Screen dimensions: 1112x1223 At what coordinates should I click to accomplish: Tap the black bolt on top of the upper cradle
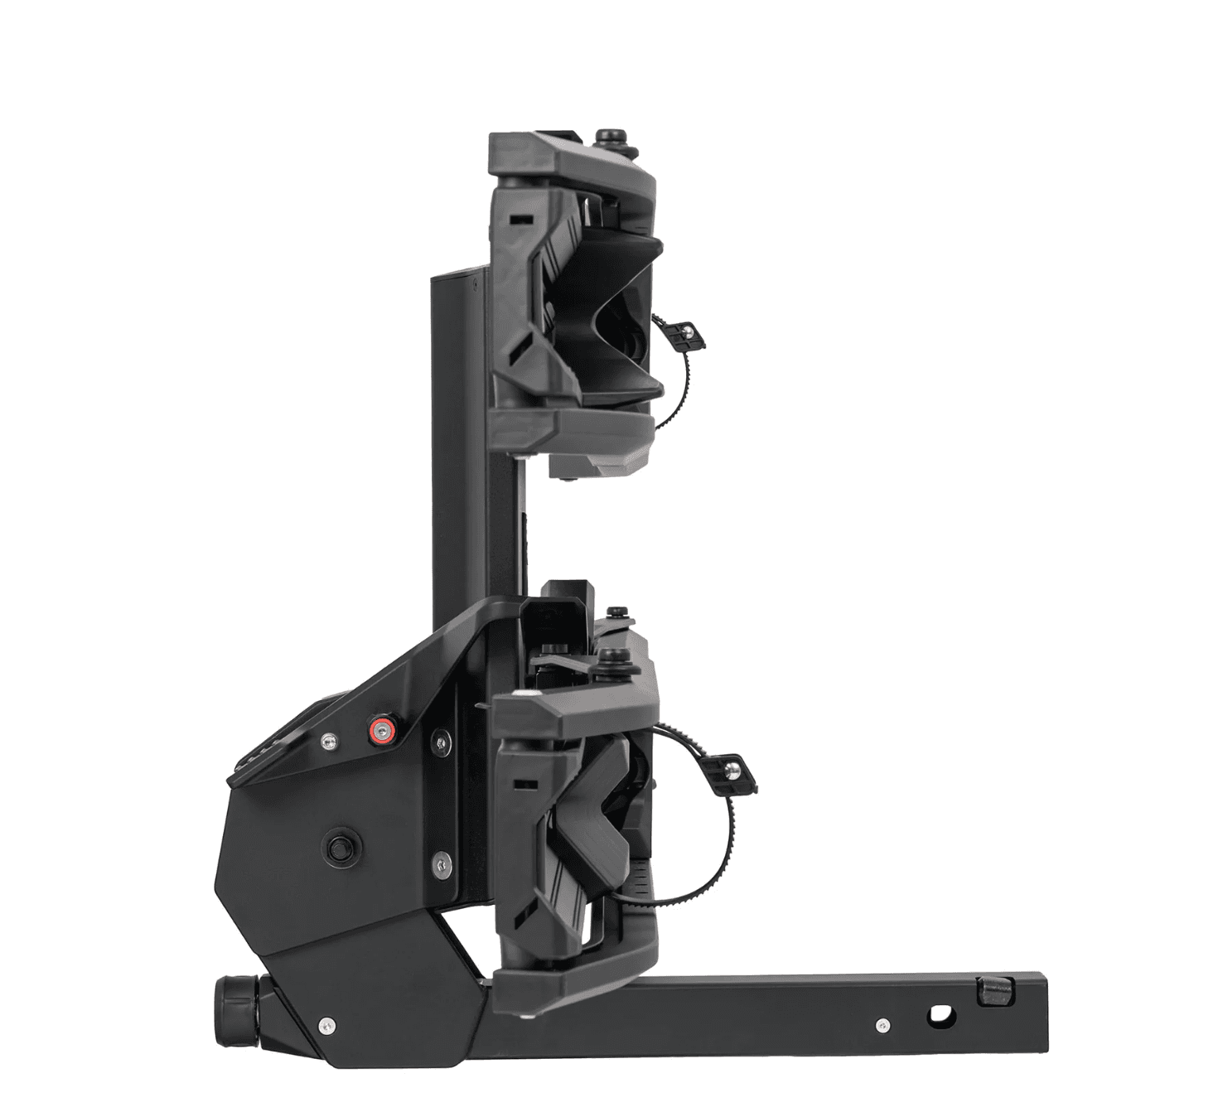[x=612, y=137]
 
